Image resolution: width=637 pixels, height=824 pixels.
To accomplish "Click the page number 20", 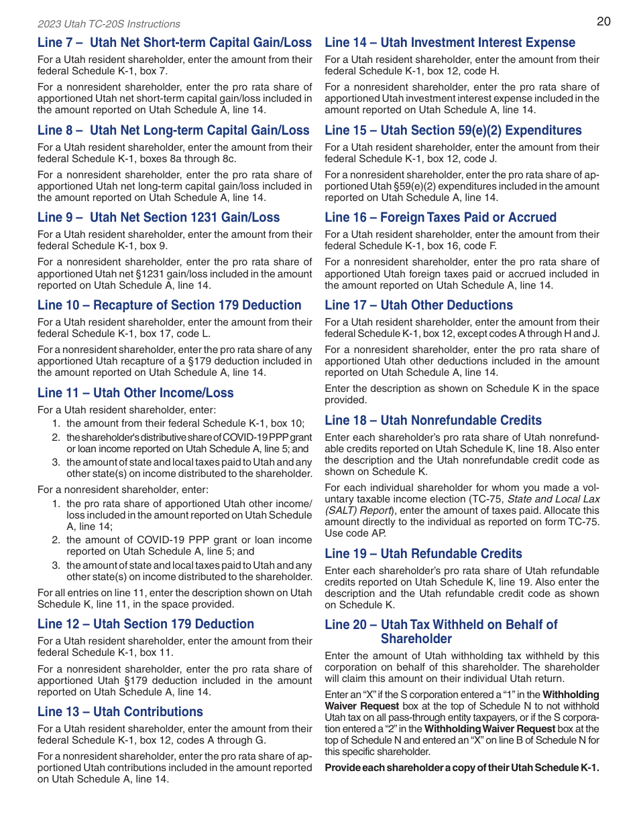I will tap(603, 21).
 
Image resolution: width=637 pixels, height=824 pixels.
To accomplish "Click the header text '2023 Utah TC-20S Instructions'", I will tap(109, 24).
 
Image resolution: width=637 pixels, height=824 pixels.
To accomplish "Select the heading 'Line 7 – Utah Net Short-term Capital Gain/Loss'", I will tap(174, 43).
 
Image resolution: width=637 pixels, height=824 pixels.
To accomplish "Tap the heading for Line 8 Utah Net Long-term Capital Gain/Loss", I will tap(174, 131).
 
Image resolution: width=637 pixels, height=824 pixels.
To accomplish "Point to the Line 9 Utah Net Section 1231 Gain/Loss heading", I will tap(159, 218).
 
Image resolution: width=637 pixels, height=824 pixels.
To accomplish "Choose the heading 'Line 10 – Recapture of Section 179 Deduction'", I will tap(170, 305).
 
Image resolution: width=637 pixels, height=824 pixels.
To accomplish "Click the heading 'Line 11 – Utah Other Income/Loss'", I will tap(135, 393).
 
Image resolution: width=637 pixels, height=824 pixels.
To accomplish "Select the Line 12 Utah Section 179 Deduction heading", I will tap(146, 624).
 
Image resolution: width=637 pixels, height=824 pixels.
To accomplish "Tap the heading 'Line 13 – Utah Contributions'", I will tap(120, 712).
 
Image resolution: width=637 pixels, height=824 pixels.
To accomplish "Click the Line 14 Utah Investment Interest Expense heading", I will tap(450, 43).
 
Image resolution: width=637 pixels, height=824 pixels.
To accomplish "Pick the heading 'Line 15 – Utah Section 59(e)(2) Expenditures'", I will tap(453, 131).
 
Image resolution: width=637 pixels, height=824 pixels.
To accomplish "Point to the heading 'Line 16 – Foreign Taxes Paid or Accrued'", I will tap(441, 218).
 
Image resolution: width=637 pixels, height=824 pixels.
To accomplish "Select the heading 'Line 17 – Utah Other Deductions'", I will tap(418, 305).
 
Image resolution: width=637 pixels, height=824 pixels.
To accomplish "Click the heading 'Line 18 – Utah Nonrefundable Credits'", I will tap(433, 421).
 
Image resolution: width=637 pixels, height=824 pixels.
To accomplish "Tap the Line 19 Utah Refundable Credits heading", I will tap(423, 554).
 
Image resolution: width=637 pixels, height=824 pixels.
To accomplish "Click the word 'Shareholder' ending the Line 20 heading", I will tap(416, 639).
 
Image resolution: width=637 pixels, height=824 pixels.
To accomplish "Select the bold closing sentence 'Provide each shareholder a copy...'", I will tap(462, 768).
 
